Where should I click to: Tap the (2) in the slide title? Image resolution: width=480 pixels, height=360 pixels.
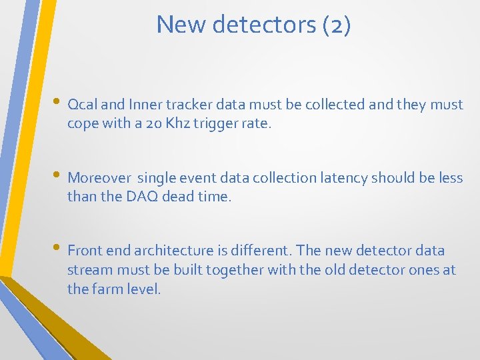point(336,25)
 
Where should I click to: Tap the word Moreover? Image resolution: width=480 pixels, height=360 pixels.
point(99,178)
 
